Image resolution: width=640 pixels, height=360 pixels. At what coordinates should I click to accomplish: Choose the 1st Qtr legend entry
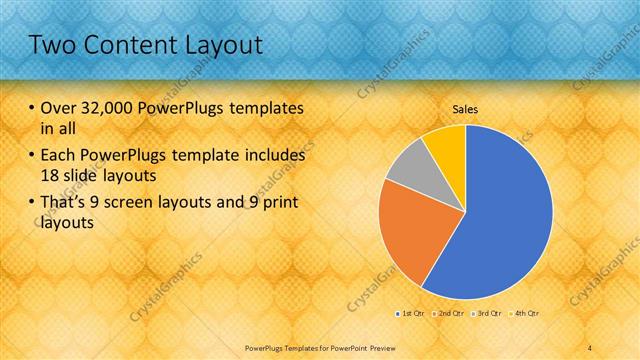click(410, 314)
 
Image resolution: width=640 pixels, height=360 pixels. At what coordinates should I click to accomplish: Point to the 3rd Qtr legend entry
click(487, 314)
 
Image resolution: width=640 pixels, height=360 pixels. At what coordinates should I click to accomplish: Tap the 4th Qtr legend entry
click(526, 314)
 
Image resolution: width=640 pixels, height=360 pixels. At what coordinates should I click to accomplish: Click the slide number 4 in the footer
click(590, 347)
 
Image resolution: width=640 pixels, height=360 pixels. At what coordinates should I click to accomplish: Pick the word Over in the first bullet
click(58, 108)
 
